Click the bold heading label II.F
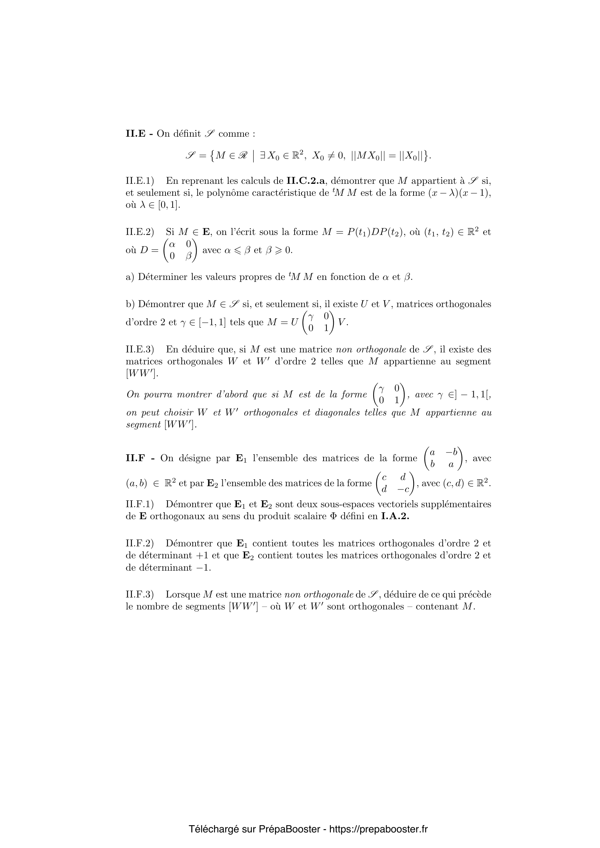point(137,458)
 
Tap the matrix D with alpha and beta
point(180,250)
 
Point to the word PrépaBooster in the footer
point(289,829)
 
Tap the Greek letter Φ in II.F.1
point(337,516)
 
